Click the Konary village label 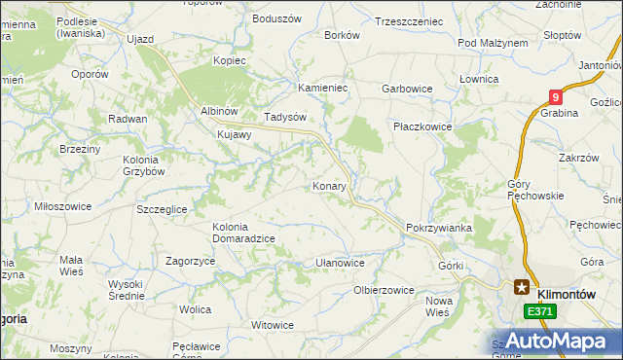coord(331,184)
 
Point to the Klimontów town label coord(566,288)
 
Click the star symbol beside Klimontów coord(522,288)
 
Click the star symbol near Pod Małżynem coord(522,43)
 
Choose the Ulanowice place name coord(340,263)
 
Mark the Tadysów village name coord(286,116)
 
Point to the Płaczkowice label coord(421,126)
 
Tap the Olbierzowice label coord(384,290)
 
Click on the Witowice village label coord(273,325)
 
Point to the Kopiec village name coord(231,60)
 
